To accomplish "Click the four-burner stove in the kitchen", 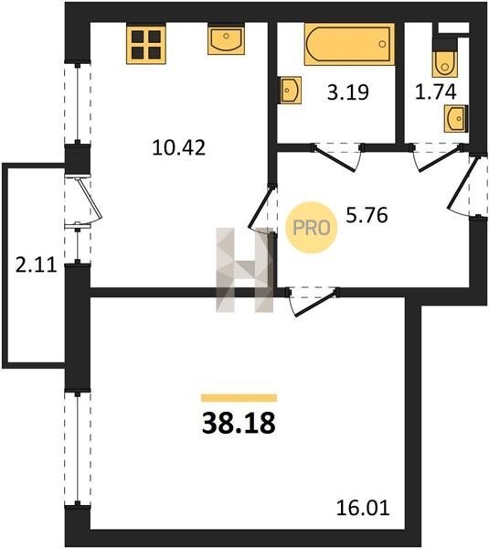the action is pos(146,44).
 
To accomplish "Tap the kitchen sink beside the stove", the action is pos(226,38).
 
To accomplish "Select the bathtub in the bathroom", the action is pos(349,44).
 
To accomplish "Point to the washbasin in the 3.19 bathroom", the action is pos(290,90).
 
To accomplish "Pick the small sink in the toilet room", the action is pos(456,118).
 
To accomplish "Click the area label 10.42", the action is pos(179,147).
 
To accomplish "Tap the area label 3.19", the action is pos(348,92).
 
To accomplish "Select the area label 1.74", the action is pos(435,91).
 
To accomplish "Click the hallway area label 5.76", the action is pos(367,215).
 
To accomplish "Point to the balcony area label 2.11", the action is pos(36,264).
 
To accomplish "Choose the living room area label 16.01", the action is pos(363,508).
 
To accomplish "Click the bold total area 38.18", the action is pos(239,423).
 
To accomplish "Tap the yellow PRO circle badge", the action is pos(312,228).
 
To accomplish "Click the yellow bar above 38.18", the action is pos(239,398).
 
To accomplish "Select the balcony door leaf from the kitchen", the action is pos(90,199).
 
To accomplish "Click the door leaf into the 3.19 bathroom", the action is pos(335,159).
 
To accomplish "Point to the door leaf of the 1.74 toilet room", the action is pos(440,160).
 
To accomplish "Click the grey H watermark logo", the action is pos(245,270).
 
